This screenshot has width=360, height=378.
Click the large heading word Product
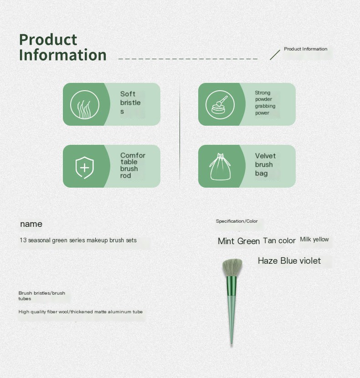[x=48, y=40]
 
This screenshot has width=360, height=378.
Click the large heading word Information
[x=63, y=55]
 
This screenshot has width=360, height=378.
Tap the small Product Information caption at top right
[x=305, y=49]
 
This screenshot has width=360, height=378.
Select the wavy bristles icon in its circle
[x=85, y=105]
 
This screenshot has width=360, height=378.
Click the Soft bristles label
[x=130, y=102]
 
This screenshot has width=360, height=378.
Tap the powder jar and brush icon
[x=220, y=105]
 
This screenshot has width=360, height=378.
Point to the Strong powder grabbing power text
[x=265, y=102]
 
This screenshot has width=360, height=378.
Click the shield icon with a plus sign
[x=84, y=167]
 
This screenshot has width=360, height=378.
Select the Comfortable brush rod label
[x=133, y=165]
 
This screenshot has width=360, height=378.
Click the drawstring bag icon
[x=220, y=167]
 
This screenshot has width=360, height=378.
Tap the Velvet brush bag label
[x=265, y=165]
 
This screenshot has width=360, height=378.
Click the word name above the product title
[x=31, y=224]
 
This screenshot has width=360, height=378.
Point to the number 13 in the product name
[x=23, y=240]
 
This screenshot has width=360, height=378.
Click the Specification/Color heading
[x=237, y=221]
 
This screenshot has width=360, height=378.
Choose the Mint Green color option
[x=239, y=241]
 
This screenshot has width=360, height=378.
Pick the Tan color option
[x=279, y=240]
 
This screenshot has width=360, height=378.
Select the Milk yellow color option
[x=314, y=240]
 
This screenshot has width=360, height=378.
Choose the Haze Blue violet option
[x=289, y=261]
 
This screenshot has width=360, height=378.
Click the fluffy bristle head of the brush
[x=232, y=267]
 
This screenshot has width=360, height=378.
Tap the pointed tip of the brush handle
[x=231, y=344]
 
